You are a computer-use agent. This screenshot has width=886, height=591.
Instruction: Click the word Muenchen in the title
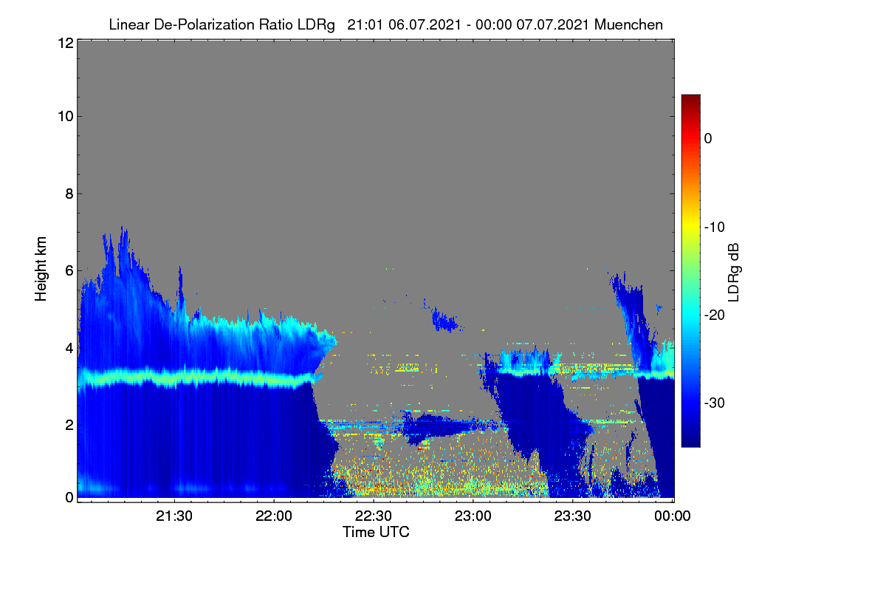point(628,24)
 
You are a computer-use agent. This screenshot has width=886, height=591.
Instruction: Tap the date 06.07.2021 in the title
point(425,24)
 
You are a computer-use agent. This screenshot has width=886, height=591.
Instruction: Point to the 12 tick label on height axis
point(66,43)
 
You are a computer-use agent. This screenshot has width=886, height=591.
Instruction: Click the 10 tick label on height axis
point(66,117)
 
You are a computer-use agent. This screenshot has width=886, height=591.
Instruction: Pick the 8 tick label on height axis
point(70,194)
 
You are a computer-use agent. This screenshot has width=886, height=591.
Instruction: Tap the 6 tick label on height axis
point(70,271)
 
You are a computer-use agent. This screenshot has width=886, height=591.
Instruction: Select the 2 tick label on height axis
point(70,425)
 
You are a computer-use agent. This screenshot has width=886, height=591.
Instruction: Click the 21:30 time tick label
point(174,516)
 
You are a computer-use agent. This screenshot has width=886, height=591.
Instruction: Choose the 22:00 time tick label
point(274,516)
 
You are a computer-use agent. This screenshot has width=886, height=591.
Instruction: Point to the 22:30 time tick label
point(374,516)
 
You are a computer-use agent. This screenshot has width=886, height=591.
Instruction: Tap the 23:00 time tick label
point(473,516)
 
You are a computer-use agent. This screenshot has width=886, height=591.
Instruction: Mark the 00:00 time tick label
point(673,516)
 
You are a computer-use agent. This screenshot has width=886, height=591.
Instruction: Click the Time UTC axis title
point(376,532)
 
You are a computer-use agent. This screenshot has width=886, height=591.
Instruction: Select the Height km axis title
point(41,269)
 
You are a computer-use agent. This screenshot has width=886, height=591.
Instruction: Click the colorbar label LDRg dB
point(733,273)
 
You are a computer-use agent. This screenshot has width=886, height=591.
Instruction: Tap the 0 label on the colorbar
point(708,139)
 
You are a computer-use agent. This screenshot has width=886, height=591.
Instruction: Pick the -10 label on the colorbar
point(715,228)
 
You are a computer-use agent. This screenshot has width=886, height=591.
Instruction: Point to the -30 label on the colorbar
point(715,403)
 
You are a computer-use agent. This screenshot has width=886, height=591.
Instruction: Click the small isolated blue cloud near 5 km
point(445,320)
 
